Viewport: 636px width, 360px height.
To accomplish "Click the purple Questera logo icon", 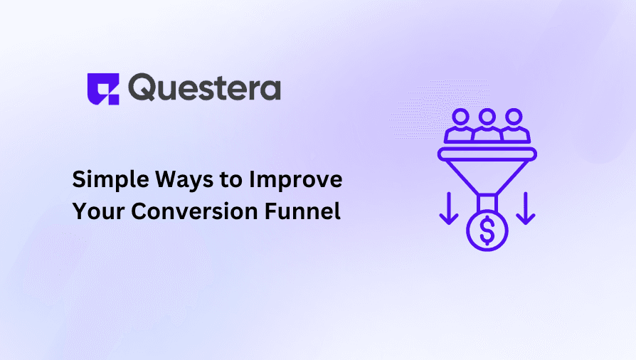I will pos(102,89).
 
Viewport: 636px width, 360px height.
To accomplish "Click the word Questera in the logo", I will pos(205,88).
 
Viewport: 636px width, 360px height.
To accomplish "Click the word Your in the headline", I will pos(97,211).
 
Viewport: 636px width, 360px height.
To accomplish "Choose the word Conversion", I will pos(192,211).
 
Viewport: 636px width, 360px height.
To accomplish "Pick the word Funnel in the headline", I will pos(302,211).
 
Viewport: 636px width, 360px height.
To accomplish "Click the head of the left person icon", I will pos(460,115).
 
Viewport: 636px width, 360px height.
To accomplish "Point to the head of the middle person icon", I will pos(487,115).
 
